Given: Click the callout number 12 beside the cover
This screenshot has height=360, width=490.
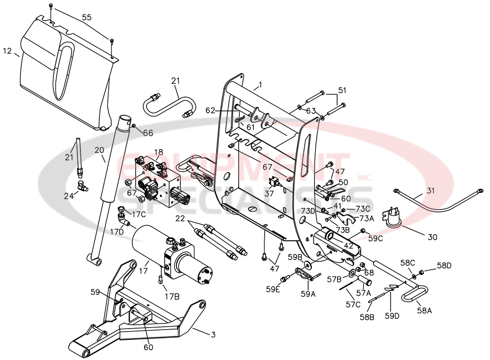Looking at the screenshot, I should pyautogui.click(x=7, y=51).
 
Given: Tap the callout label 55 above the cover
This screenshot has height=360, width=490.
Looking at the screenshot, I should pyautogui.click(x=86, y=17).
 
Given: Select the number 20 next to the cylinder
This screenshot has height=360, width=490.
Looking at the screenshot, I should pyautogui.click(x=99, y=151).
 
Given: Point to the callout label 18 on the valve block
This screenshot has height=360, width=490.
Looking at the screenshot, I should pyautogui.click(x=159, y=153).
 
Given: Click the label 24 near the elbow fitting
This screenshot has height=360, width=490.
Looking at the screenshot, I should pyautogui.click(x=68, y=195).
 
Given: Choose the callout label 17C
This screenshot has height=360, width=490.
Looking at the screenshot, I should pyautogui.click(x=139, y=214).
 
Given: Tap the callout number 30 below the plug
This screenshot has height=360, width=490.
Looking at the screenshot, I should pyautogui.click(x=432, y=237).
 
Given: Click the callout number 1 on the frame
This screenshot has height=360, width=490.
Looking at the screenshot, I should pyautogui.click(x=260, y=84).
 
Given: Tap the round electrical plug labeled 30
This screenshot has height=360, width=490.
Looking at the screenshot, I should pyautogui.click(x=395, y=216).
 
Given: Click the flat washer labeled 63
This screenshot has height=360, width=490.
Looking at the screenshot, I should pyautogui.click(x=299, y=106).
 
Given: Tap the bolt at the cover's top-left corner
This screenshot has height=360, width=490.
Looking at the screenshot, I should pyautogui.click(x=51, y=7).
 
